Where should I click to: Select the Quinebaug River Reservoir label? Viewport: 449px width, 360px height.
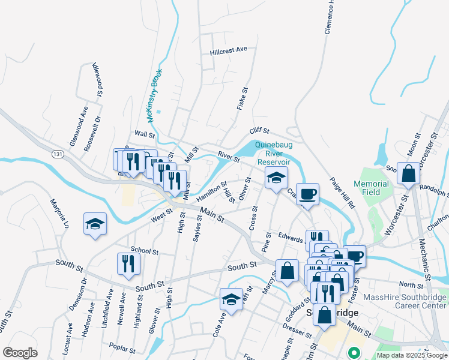pyautogui.click(x=273, y=153)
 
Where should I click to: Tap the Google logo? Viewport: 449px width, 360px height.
pyautogui.click(x=20, y=353)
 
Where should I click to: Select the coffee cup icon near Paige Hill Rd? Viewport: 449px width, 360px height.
pyautogui.click(x=307, y=194)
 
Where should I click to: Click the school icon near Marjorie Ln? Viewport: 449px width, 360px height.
pyautogui.click(x=95, y=224)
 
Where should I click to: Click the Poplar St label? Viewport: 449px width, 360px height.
pyautogui.click(x=125, y=346)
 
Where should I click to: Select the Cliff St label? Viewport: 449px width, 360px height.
pyautogui.click(x=260, y=130)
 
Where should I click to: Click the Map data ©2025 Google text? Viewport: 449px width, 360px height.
pyautogui.click(x=412, y=355)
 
